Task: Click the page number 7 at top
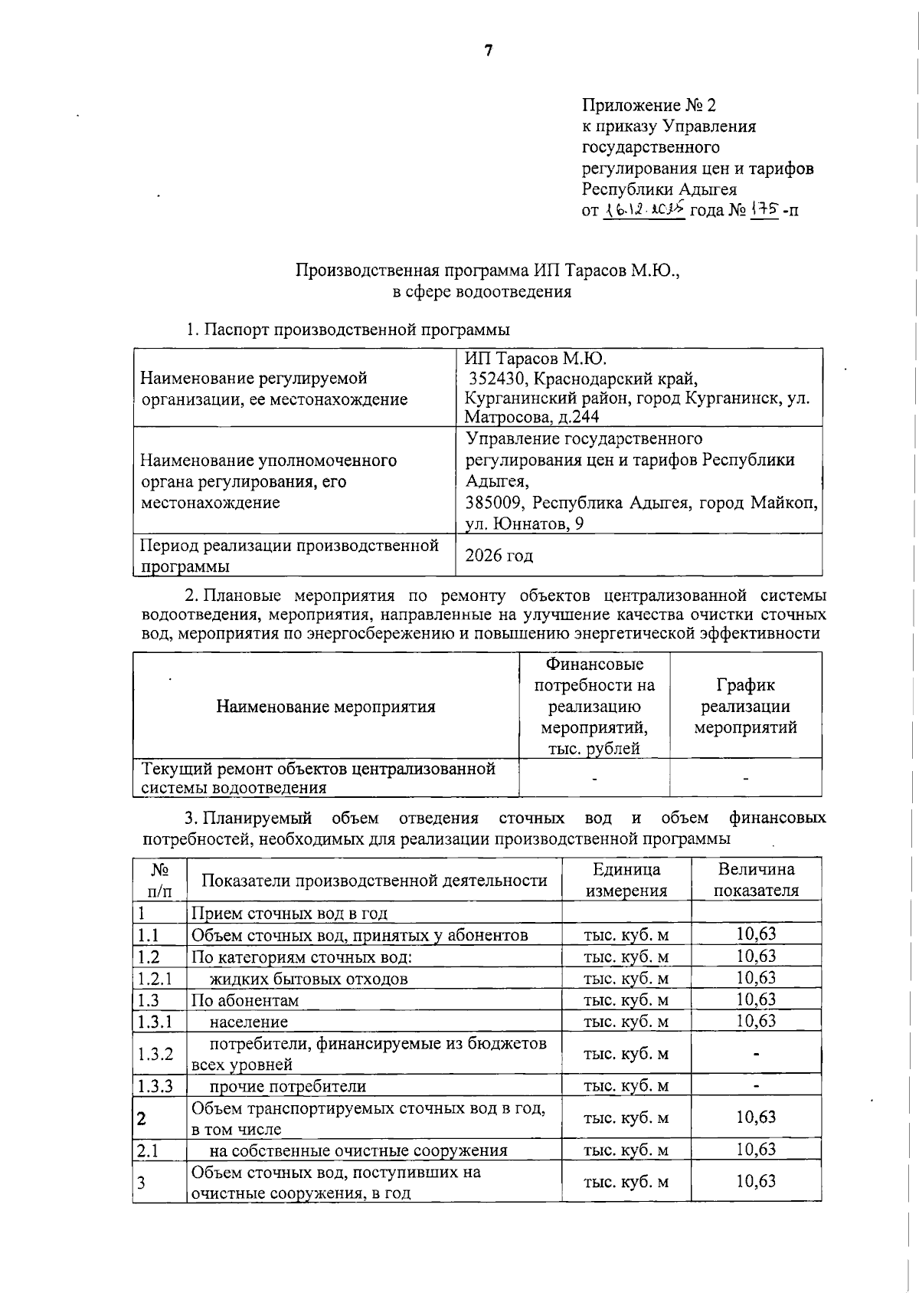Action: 489,51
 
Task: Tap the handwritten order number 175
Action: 764,209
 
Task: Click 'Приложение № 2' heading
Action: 649,104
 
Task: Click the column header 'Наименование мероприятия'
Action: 325,707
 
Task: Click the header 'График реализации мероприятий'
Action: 745,706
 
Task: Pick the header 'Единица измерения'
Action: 626,880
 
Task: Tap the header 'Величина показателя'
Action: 756,880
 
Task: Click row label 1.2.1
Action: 155,979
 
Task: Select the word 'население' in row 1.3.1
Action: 249,1022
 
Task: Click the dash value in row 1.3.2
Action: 756,1055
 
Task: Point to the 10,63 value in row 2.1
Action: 756,1149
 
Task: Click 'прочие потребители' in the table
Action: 288,1087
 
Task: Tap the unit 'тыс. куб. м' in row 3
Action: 626,1182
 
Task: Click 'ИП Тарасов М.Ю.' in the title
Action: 604,271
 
